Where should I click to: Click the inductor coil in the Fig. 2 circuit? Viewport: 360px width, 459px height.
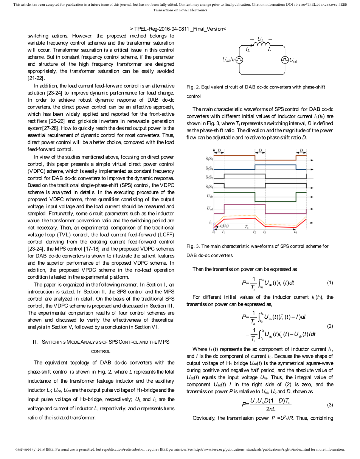point(261,44)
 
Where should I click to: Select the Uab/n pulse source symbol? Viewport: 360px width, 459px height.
point(239,60)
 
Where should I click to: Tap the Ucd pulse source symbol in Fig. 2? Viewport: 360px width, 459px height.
point(284,60)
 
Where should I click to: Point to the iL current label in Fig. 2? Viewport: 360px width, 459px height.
point(247,50)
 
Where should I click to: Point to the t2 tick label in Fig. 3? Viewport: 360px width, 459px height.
point(254,232)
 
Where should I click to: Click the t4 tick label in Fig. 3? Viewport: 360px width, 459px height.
point(295,232)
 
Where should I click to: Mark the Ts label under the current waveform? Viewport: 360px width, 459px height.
point(246,227)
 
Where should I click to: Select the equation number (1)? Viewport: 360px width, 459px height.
point(330,283)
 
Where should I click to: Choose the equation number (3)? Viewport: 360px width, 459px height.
point(330,405)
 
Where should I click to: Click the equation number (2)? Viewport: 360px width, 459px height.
point(330,326)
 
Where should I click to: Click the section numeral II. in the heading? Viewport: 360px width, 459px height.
point(35,342)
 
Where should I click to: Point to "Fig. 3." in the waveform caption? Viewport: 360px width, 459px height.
point(193,246)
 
